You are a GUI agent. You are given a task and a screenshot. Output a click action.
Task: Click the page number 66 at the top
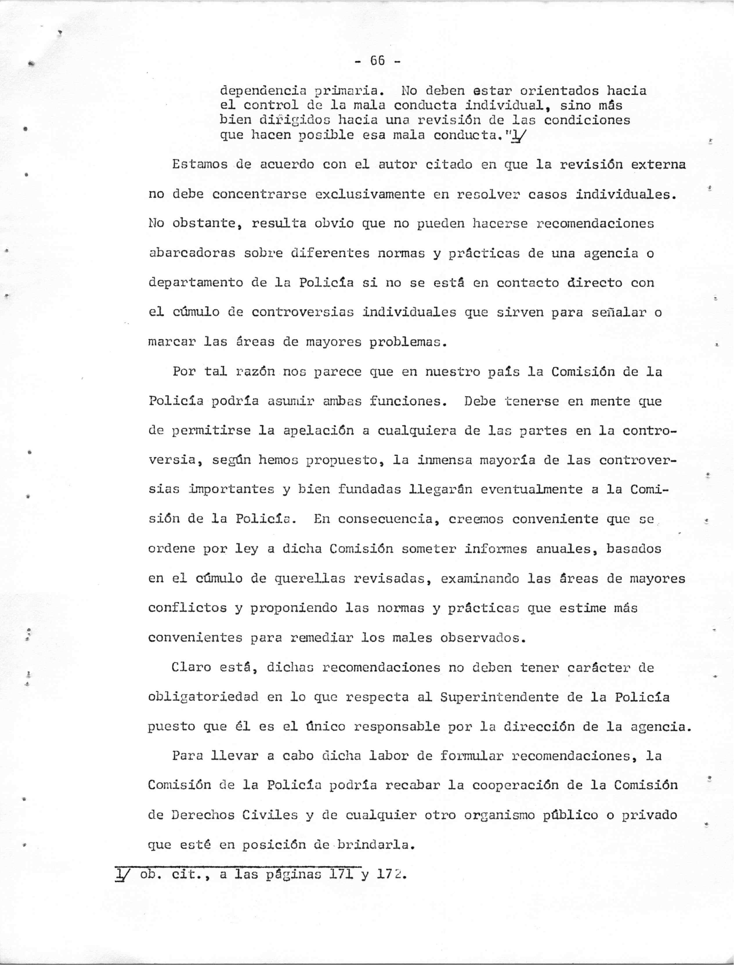tap(377, 61)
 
